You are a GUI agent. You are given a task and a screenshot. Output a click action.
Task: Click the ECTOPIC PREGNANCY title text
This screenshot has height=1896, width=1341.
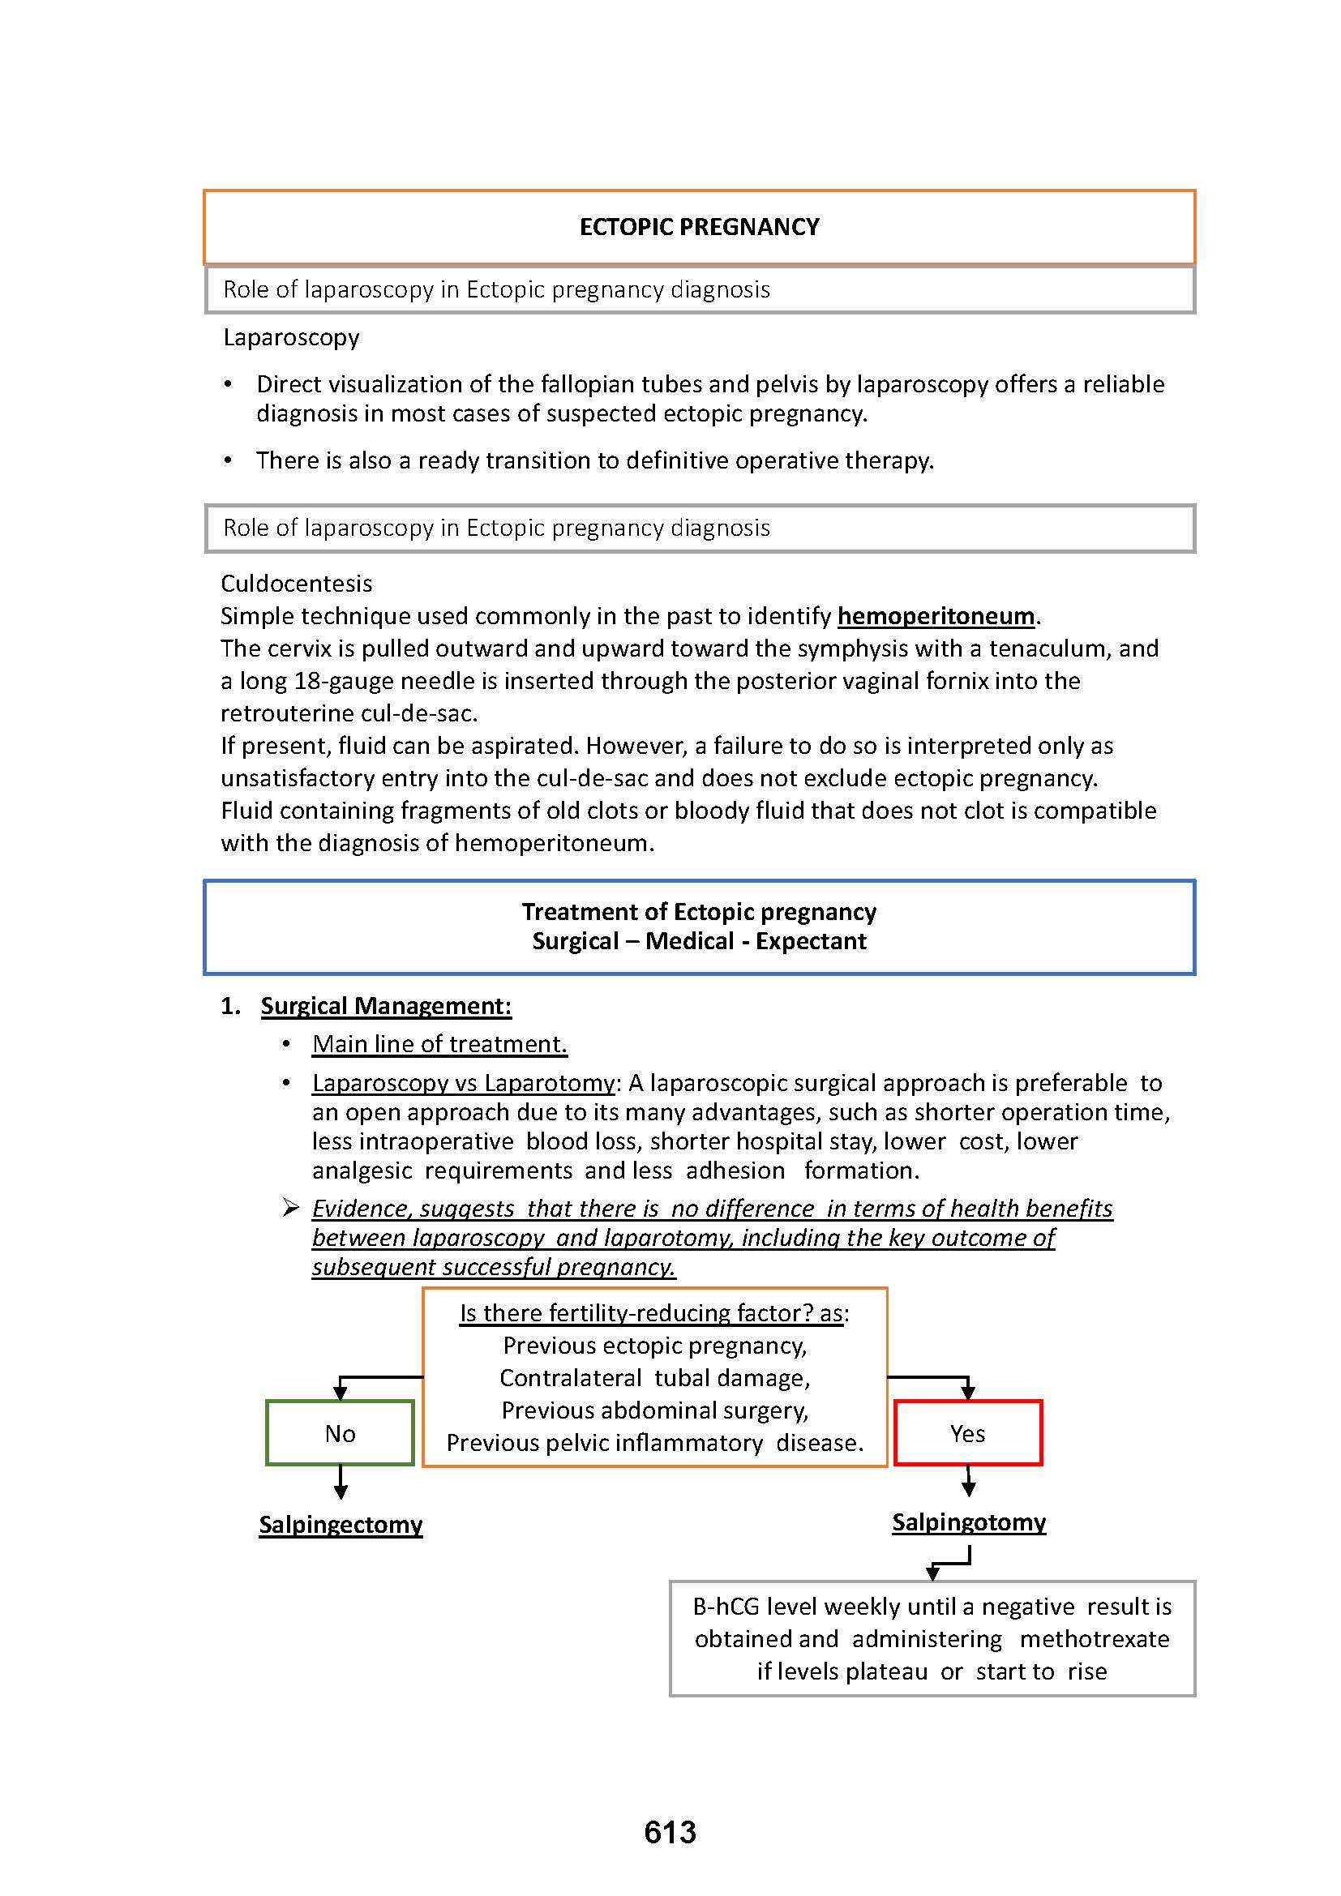pyautogui.click(x=699, y=227)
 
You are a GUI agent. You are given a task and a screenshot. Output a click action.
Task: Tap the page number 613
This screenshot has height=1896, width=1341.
pyautogui.click(x=670, y=1832)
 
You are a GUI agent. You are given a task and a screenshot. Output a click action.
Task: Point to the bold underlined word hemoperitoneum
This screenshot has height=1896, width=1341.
pyautogui.click(x=936, y=616)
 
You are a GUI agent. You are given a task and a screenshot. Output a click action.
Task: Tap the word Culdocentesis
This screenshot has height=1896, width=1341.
pyautogui.click(x=297, y=584)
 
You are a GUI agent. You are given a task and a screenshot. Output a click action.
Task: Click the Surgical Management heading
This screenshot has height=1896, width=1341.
pyautogui.click(x=386, y=1006)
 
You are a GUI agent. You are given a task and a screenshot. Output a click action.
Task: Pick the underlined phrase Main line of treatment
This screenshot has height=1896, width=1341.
pyautogui.click(x=439, y=1044)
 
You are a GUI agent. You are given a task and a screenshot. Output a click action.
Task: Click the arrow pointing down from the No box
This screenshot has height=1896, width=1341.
pyautogui.click(x=341, y=1483)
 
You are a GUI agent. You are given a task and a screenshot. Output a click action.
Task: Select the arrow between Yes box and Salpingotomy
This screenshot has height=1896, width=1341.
pyautogui.click(x=969, y=1481)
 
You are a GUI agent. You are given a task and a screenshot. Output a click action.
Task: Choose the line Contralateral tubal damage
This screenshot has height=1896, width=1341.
pyautogui.click(x=654, y=1377)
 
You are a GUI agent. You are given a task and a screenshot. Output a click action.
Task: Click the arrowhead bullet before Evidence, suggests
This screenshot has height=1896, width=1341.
pyautogui.click(x=291, y=1208)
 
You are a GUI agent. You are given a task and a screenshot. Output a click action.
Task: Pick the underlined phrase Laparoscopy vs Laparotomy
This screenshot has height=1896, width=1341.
pyautogui.click(x=463, y=1083)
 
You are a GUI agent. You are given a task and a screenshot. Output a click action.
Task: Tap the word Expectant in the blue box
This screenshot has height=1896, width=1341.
pyautogui.click(x=811, y=941)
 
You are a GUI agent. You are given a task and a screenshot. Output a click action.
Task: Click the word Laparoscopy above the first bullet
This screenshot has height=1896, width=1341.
pyautogui.click(x=291, y=337)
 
